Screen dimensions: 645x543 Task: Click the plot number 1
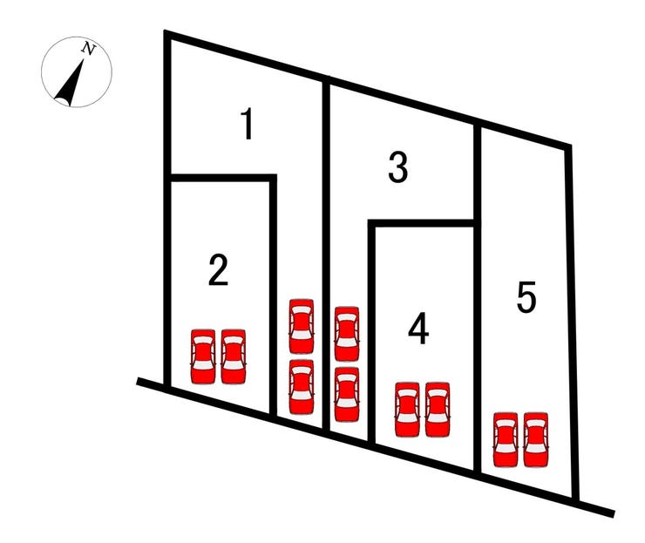pos(248,124)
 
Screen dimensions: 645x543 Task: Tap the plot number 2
pos(218,269)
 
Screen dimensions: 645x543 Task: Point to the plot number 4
pos(418,329)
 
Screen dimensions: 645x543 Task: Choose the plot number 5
pos(526,296)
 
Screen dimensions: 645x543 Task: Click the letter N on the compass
pos(88,49)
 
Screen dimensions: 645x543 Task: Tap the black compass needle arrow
pos(70,82)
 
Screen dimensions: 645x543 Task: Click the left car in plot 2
pos(203,356)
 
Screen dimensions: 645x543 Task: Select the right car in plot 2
pos(234,356)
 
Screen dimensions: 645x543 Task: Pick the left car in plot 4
pos(407,410)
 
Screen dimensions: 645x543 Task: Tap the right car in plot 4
pos(438,410)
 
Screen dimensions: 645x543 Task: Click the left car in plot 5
pos(506,440)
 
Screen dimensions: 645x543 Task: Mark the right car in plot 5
pos(536,440)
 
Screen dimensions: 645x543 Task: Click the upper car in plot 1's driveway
pos(302,326)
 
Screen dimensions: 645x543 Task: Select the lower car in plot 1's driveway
pos(302,387)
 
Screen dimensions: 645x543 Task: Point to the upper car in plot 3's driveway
pos(347,334)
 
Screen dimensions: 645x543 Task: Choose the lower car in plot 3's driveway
pos(347,395)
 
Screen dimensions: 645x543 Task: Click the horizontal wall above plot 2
pos(223,178)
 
